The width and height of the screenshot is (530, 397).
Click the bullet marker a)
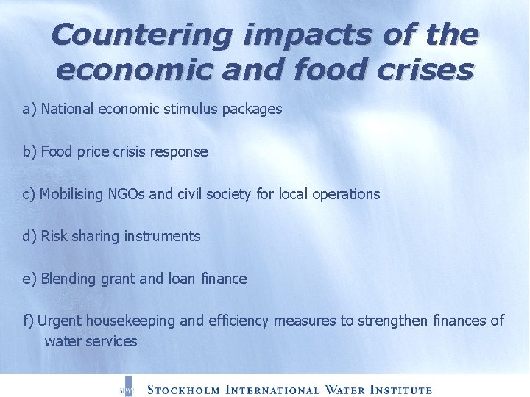tap(30, 110)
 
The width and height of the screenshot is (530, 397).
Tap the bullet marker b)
tap(30, 152)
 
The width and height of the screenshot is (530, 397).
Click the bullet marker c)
tap(29, 195)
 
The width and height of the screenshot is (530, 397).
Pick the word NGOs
tap(128, 195)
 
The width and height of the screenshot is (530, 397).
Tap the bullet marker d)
tap(30, 237)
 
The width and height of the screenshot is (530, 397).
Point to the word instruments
tap(163, 237)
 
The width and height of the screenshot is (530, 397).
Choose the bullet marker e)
tap(30, 279)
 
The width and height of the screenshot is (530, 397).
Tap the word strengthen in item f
tap(392, 321)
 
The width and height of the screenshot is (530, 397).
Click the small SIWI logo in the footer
tap(126, 390)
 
